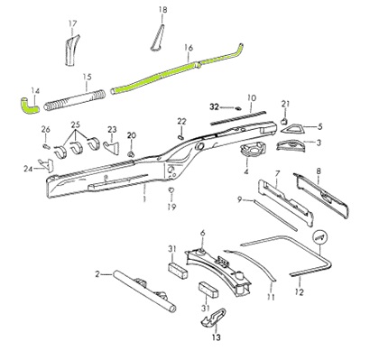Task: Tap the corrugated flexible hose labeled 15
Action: pyautogui.click(x=75, y=100)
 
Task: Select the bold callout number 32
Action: pyautogui.click(x=214, y=106)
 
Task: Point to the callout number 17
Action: pyautogui.click(x=72, y=23)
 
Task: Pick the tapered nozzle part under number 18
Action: pyautogui.click(x=157, y=38)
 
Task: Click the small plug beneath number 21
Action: pyautogui.click(x=284, y=121)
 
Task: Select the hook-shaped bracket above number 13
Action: pyautogui.click(x=213, y=318)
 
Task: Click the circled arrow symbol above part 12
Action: pyautogui.click(x=319, y=237)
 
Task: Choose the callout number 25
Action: pyautogui.click(x=76, y=125)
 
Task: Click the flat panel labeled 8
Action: pyautogui.click(x=321, y=196)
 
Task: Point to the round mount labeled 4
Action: pyautogui.click(x=254, y=150)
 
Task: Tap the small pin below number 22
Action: pyautogui.click(x=180, y=137)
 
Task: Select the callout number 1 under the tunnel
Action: pyautogui.click(x=144, y=198)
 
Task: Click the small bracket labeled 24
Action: pyautogui.click(x=48, y=164)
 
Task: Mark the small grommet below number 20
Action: pyautogui.click(x=131, y=154)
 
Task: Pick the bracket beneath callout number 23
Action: pyautogui.click(x=111, y=148)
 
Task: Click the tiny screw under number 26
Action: pyautogui.click(x=46, y=146)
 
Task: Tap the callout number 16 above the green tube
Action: pyautogui.click(x=189, y=48)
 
